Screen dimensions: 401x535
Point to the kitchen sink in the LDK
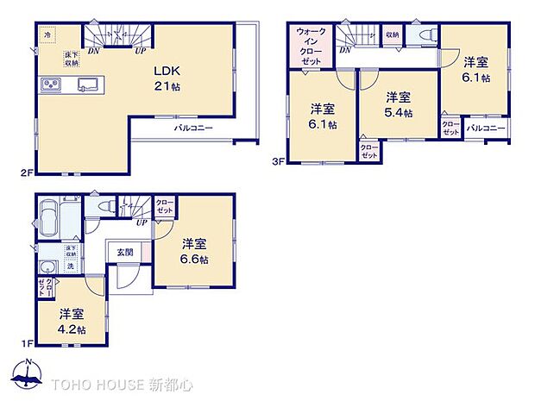(88, 84)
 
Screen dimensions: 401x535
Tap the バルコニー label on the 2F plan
(193, 128)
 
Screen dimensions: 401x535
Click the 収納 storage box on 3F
(393, 36)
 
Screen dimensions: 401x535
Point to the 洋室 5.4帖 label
(398, 103)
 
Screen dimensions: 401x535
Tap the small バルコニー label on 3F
(486, 128)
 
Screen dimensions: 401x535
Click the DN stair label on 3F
(345, 51)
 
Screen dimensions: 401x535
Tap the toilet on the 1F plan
(104, 208)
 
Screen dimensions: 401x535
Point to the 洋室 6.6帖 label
(195, 250)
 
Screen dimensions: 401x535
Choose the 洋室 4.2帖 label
(72, 321)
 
